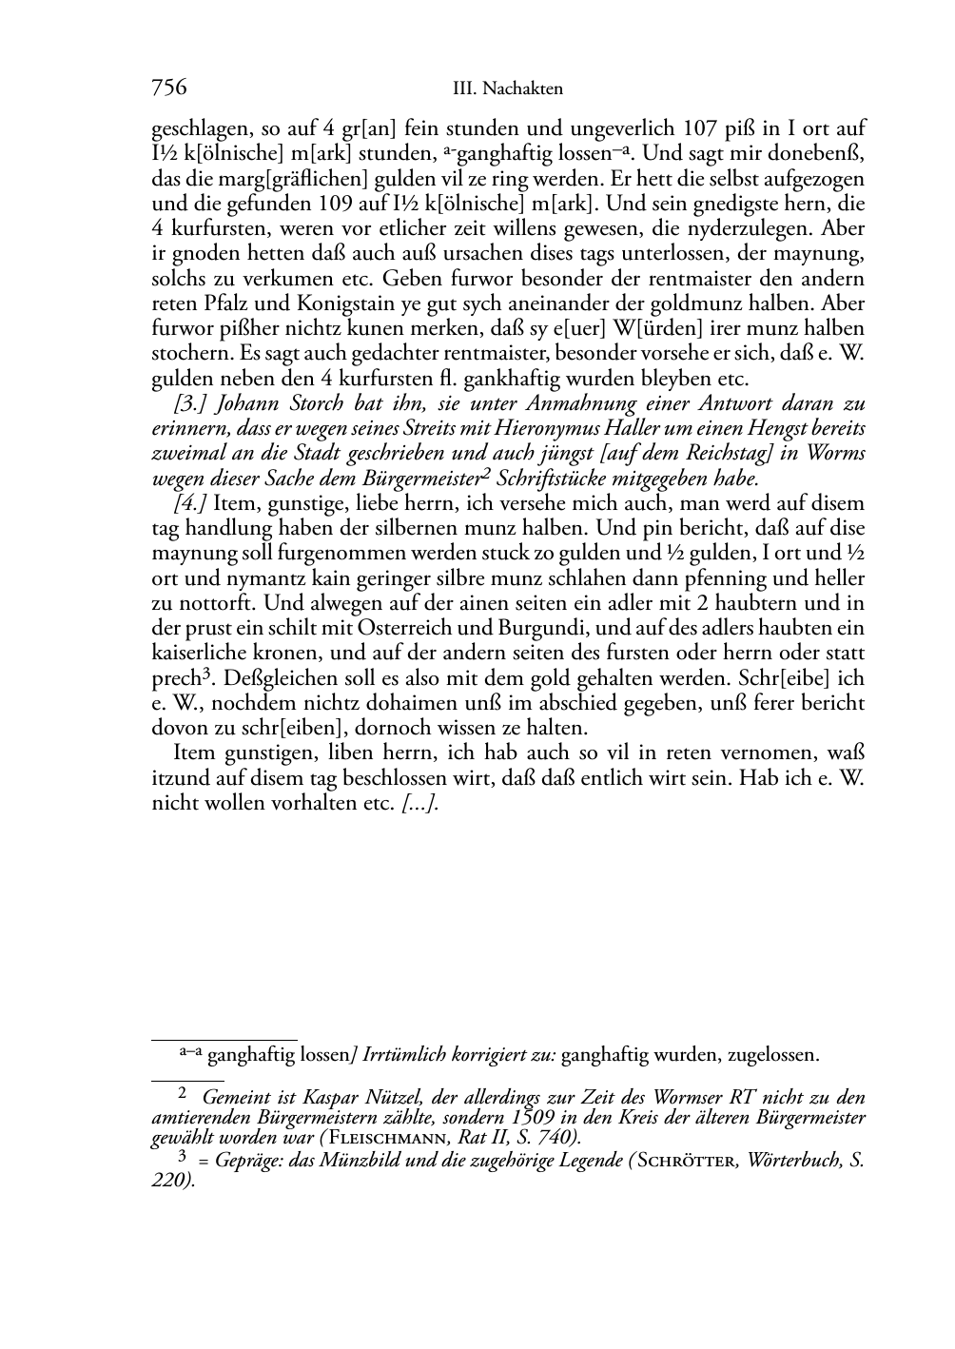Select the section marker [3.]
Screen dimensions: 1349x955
[185, 403]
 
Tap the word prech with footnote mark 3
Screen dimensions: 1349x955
[175, 678]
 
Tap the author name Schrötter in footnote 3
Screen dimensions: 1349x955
[691, 1161]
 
